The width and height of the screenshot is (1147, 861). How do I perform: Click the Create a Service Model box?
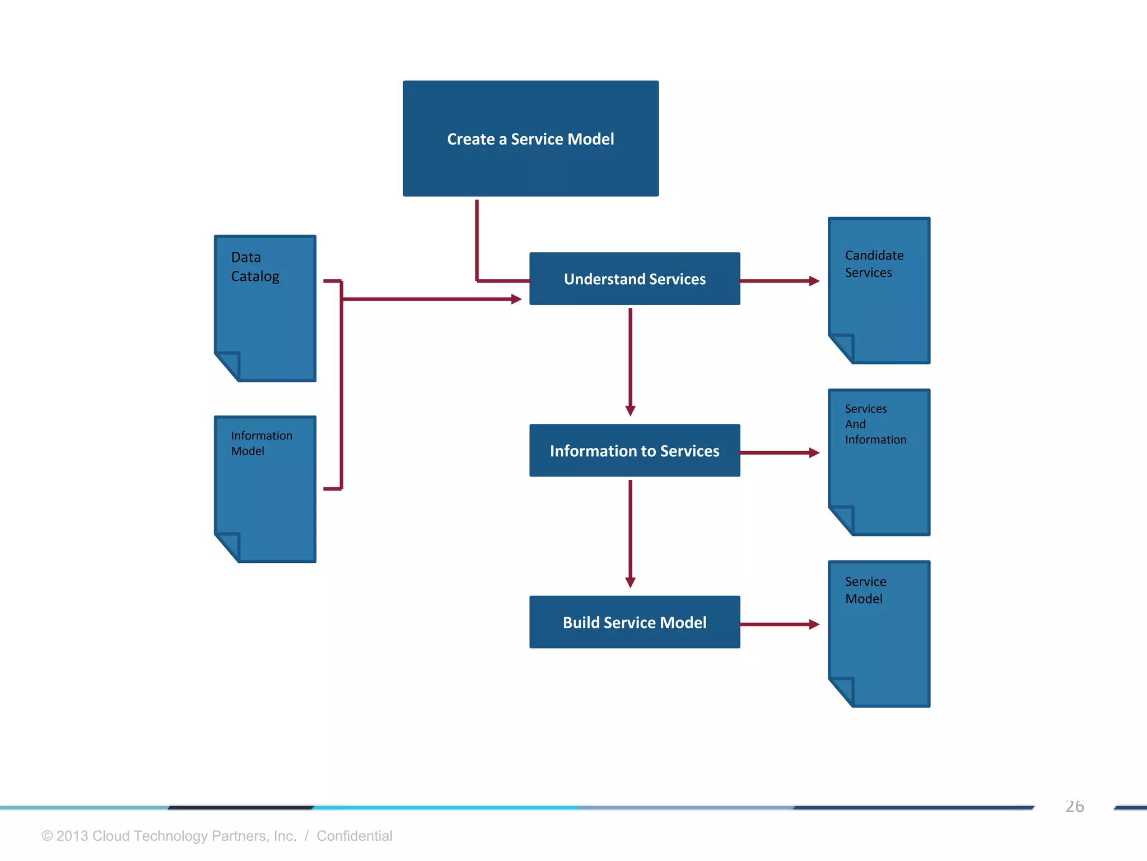click(530, 138)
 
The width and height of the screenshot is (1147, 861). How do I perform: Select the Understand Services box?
click(634, 279)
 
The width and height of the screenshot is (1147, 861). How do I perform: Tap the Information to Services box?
click(634, 450)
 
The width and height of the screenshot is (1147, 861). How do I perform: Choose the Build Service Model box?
click(634, 622)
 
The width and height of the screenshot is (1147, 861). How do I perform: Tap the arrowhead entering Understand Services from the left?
click(516, 299)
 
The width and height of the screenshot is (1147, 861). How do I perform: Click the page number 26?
click(1074, 806)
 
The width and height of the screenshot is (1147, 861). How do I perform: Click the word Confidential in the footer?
click(354, 836)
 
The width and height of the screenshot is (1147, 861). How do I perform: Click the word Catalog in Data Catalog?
click(255, 276)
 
